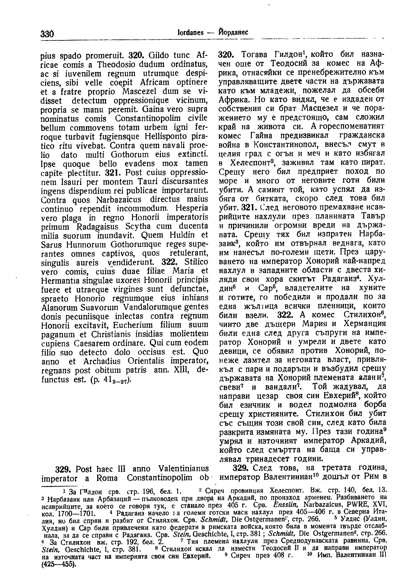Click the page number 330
pos(47,34)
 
